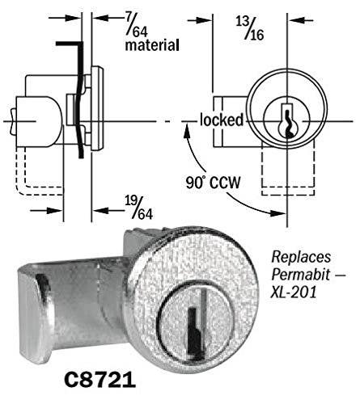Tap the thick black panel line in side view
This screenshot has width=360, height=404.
(x=80, y=97)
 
